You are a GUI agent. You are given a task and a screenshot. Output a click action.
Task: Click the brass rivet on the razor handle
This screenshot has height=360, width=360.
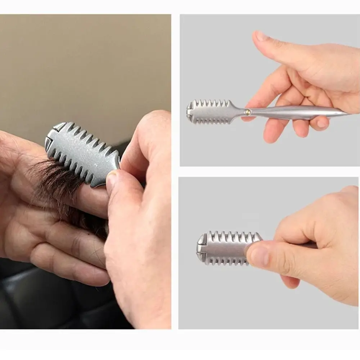pos(248,112)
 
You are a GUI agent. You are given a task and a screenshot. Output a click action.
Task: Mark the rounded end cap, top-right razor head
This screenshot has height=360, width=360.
pos(190,112)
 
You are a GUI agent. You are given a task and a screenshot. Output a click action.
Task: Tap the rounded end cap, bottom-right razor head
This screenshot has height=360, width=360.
pos(201,248)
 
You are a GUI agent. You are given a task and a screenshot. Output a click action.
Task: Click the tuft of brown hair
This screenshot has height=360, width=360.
pos(58,180)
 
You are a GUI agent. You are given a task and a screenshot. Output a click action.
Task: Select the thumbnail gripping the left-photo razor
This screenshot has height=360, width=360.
pos(112,180)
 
